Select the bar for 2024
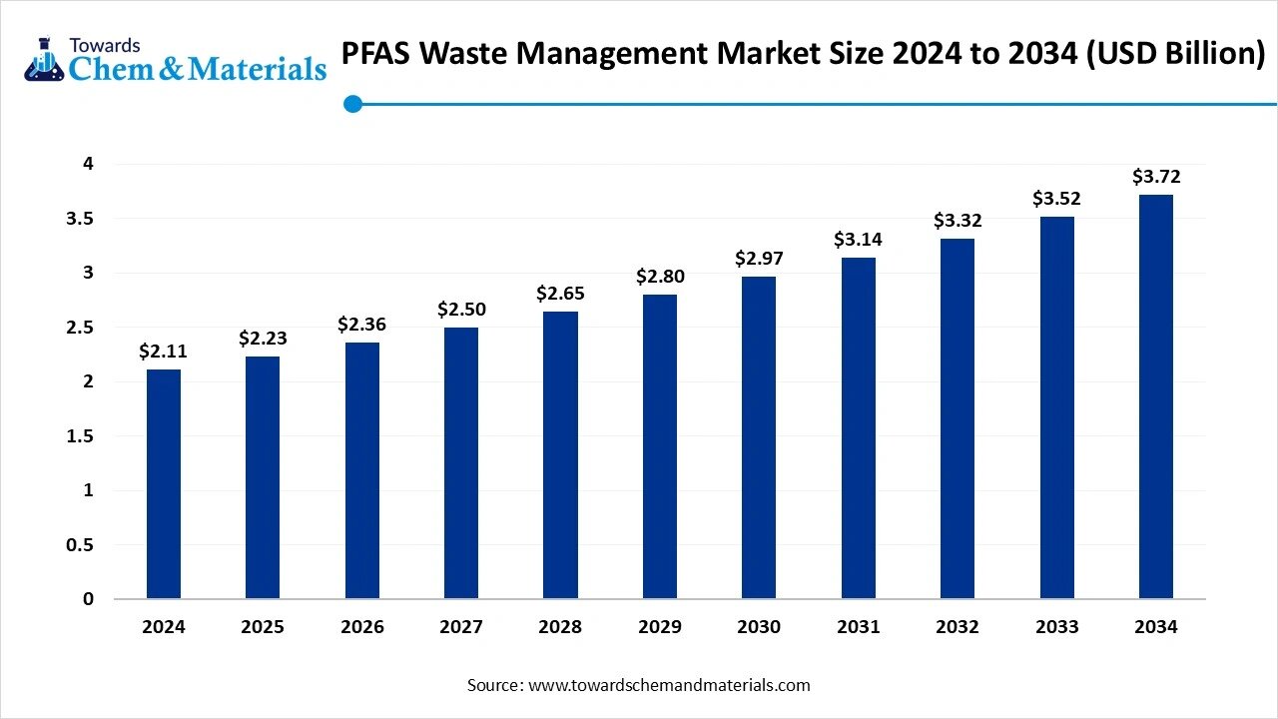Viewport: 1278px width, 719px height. (x=164, y=484)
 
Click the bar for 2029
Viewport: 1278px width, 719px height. (x=659, y=446)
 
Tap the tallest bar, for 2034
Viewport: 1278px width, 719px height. (x=1156, y=396)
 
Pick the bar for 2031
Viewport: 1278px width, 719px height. (x=858, y=428)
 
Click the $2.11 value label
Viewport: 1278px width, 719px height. (x=163, y=351)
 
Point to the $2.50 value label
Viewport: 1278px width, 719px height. (x=461, y=310)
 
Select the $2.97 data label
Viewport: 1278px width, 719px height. (x=759, y=259)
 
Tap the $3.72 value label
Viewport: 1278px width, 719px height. (x=1156, y=177)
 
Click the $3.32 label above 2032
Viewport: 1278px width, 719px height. (x=958, y=220)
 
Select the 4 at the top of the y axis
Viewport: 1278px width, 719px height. (x=88, y=164)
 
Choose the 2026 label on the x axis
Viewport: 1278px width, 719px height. (x=361, y=627)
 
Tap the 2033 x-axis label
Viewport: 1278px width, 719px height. (x=1056, y=627)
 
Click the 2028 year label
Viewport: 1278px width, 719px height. (x=560, y=627)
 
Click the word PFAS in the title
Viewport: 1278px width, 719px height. (x=375, y=54)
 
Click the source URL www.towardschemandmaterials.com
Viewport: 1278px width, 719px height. (x=668, y=685)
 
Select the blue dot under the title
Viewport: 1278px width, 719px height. (x=351, y=103)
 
